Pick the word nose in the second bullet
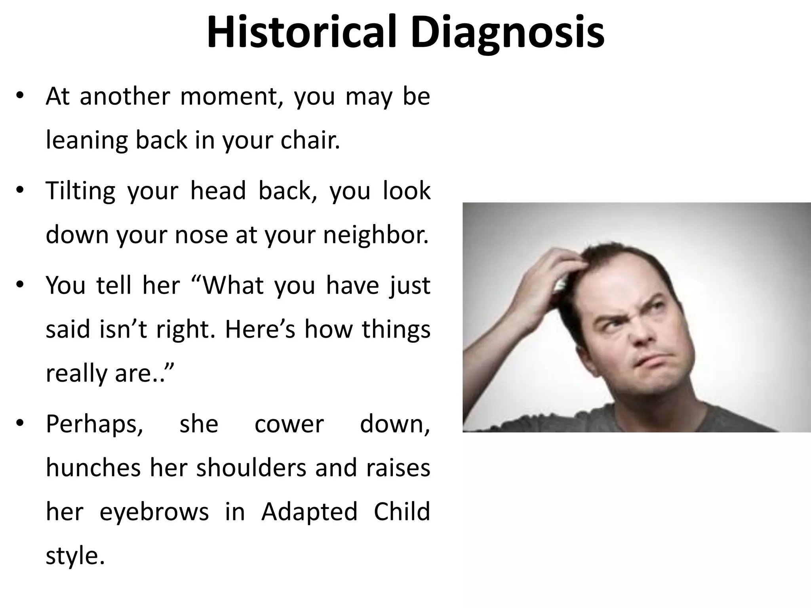[201, 235]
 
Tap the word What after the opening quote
[234, 285]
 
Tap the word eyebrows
[154, 511]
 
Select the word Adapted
[309, 511]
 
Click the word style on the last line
[75, 555]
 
